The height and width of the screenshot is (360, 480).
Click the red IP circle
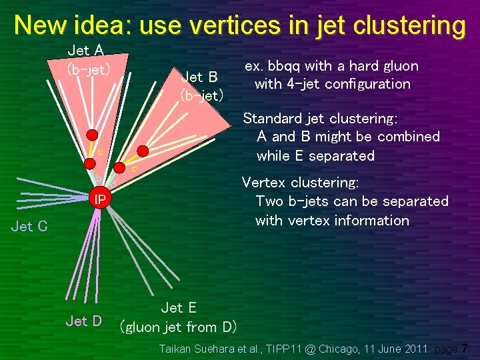point(99,199)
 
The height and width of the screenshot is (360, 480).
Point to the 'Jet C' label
point(29,227)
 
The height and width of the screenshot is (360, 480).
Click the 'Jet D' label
point(83,321)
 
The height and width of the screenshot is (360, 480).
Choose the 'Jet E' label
point(178,307)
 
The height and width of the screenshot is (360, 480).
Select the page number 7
point(464,349)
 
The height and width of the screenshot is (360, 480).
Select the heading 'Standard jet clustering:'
point(320,119)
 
